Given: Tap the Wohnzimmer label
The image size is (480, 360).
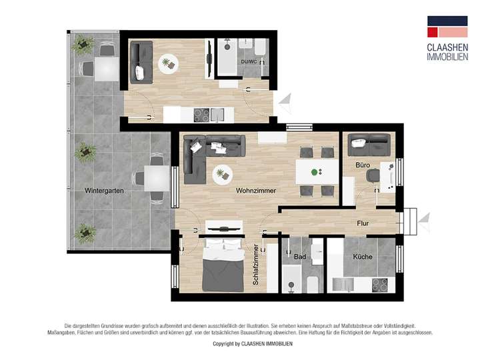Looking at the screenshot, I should point(256,191).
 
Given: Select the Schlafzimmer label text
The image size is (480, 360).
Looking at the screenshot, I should point(256,265).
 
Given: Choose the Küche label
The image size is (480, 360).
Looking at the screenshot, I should point(363,257).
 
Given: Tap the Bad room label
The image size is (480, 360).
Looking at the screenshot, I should point(299,257).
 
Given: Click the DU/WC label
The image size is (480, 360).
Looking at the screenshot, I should point(249,62).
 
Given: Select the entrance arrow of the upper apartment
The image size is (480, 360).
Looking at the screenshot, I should point(286,101).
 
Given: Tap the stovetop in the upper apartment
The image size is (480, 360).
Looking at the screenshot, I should point(202,114).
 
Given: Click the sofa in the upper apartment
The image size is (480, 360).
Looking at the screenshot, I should point(141,61).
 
